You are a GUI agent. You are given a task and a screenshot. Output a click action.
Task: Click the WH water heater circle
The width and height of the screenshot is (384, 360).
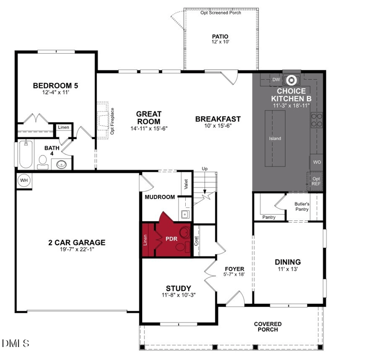pos(24,180)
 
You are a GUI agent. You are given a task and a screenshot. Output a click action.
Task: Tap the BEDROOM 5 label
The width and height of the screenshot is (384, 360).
pos(55,86)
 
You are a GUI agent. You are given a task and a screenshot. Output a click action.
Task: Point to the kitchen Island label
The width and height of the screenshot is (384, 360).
pos(275,139)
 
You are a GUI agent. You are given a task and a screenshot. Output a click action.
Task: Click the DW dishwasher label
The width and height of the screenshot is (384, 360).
pos(276,80)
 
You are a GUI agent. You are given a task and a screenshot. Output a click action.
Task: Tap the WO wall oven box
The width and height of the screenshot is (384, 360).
pos(317,162)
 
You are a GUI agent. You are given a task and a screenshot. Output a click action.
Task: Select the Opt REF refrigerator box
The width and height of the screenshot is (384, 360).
pos(316,181)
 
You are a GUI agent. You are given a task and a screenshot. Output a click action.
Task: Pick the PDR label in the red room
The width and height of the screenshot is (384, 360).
pos(171,239)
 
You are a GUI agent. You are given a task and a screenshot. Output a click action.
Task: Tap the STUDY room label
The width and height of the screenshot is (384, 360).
pos(179,288)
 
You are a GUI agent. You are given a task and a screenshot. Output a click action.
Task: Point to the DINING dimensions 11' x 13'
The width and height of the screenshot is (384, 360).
pos(288,270)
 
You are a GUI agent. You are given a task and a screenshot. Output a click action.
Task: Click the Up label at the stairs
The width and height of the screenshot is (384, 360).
pos(205,169)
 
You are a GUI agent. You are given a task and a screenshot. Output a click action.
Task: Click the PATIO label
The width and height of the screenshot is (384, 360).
pos(220,36)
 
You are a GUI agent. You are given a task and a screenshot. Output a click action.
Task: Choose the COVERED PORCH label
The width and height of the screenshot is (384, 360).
pos(267,327)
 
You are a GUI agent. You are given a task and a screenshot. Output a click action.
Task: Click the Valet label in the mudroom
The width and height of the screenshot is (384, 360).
pos(185,183)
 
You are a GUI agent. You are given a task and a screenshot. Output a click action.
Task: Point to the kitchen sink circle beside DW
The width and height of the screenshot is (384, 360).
pos(291,80)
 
